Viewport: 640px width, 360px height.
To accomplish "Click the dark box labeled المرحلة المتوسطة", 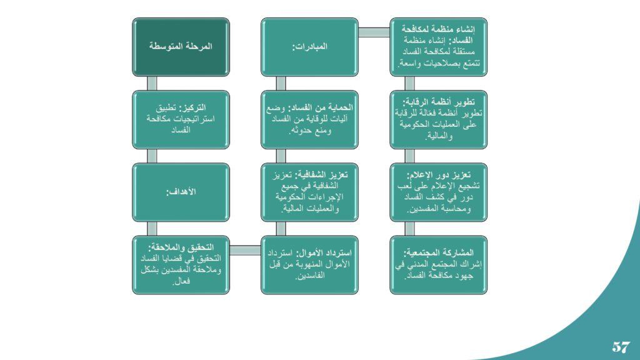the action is [181, 47].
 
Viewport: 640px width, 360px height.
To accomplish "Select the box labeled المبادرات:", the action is [310, 47].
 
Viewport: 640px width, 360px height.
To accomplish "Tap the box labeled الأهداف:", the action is [181, 192].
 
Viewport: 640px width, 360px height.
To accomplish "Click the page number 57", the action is [621, 347].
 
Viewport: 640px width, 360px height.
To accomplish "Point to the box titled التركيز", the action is [181, 119].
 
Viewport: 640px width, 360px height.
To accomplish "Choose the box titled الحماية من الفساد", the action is [310, 119].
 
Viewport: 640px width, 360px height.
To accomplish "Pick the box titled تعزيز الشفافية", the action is [310, 192].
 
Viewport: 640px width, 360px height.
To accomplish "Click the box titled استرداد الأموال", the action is [310, 265].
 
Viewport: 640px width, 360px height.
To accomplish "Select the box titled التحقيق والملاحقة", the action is [181, 265].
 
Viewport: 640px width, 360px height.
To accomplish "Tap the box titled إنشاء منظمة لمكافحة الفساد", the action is [439, 47].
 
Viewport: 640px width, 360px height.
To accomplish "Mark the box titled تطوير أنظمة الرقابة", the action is [439, 119].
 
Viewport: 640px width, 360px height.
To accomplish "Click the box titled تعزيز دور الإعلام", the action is [439, 192].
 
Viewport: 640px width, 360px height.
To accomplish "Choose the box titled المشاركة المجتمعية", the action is [439, 265].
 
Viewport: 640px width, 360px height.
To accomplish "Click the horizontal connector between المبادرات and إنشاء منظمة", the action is [374, 32].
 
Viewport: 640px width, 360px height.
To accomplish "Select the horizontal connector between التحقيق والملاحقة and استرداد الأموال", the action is [245, 250].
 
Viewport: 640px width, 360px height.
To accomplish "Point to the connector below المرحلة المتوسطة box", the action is [152, 83].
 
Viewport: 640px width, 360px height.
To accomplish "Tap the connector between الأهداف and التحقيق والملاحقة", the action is [152, 229].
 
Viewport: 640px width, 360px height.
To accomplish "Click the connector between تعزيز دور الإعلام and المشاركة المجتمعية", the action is [410, 229].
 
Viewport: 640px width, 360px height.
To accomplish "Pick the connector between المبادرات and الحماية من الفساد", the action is [281, 83].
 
